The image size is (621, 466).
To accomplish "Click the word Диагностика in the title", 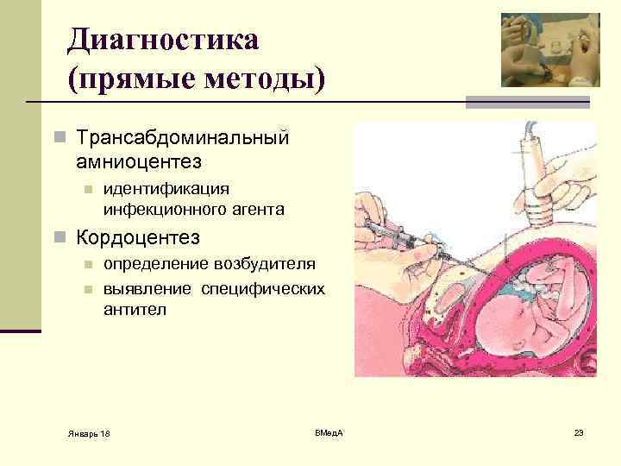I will tap(163, 39).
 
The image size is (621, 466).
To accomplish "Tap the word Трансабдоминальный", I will tap(182, 138).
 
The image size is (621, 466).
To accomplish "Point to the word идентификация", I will tap(166, 188).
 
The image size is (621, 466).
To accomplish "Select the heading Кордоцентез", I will tap(138, 236).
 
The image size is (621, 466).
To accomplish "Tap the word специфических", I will tap(263, 288).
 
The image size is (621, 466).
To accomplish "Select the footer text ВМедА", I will tap(328, 431).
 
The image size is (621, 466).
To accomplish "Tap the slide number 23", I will tap(579, 431).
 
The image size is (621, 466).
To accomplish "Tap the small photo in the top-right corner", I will tap(550, 50).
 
